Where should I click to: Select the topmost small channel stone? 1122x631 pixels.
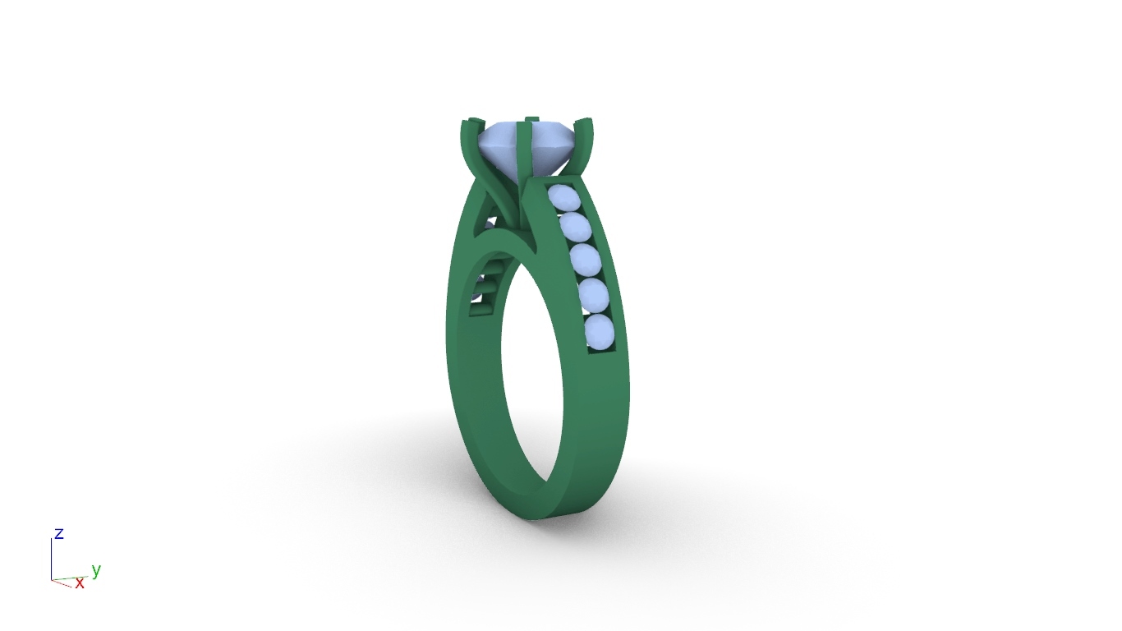[x=563, y=197]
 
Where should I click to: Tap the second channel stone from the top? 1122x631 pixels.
[x=575, y=228]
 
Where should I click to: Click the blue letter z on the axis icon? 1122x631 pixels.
[x=59, y=533]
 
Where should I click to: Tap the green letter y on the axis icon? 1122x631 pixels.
[x=96, y=570]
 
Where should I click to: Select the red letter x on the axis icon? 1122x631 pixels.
[x=80, y=583]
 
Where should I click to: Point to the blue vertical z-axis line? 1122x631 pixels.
[x=51, y=560]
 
